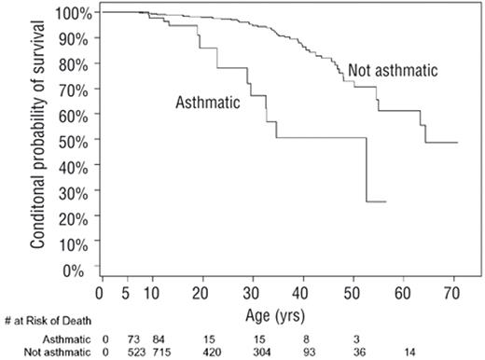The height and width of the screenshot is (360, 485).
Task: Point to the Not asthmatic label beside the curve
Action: (393, 71)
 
